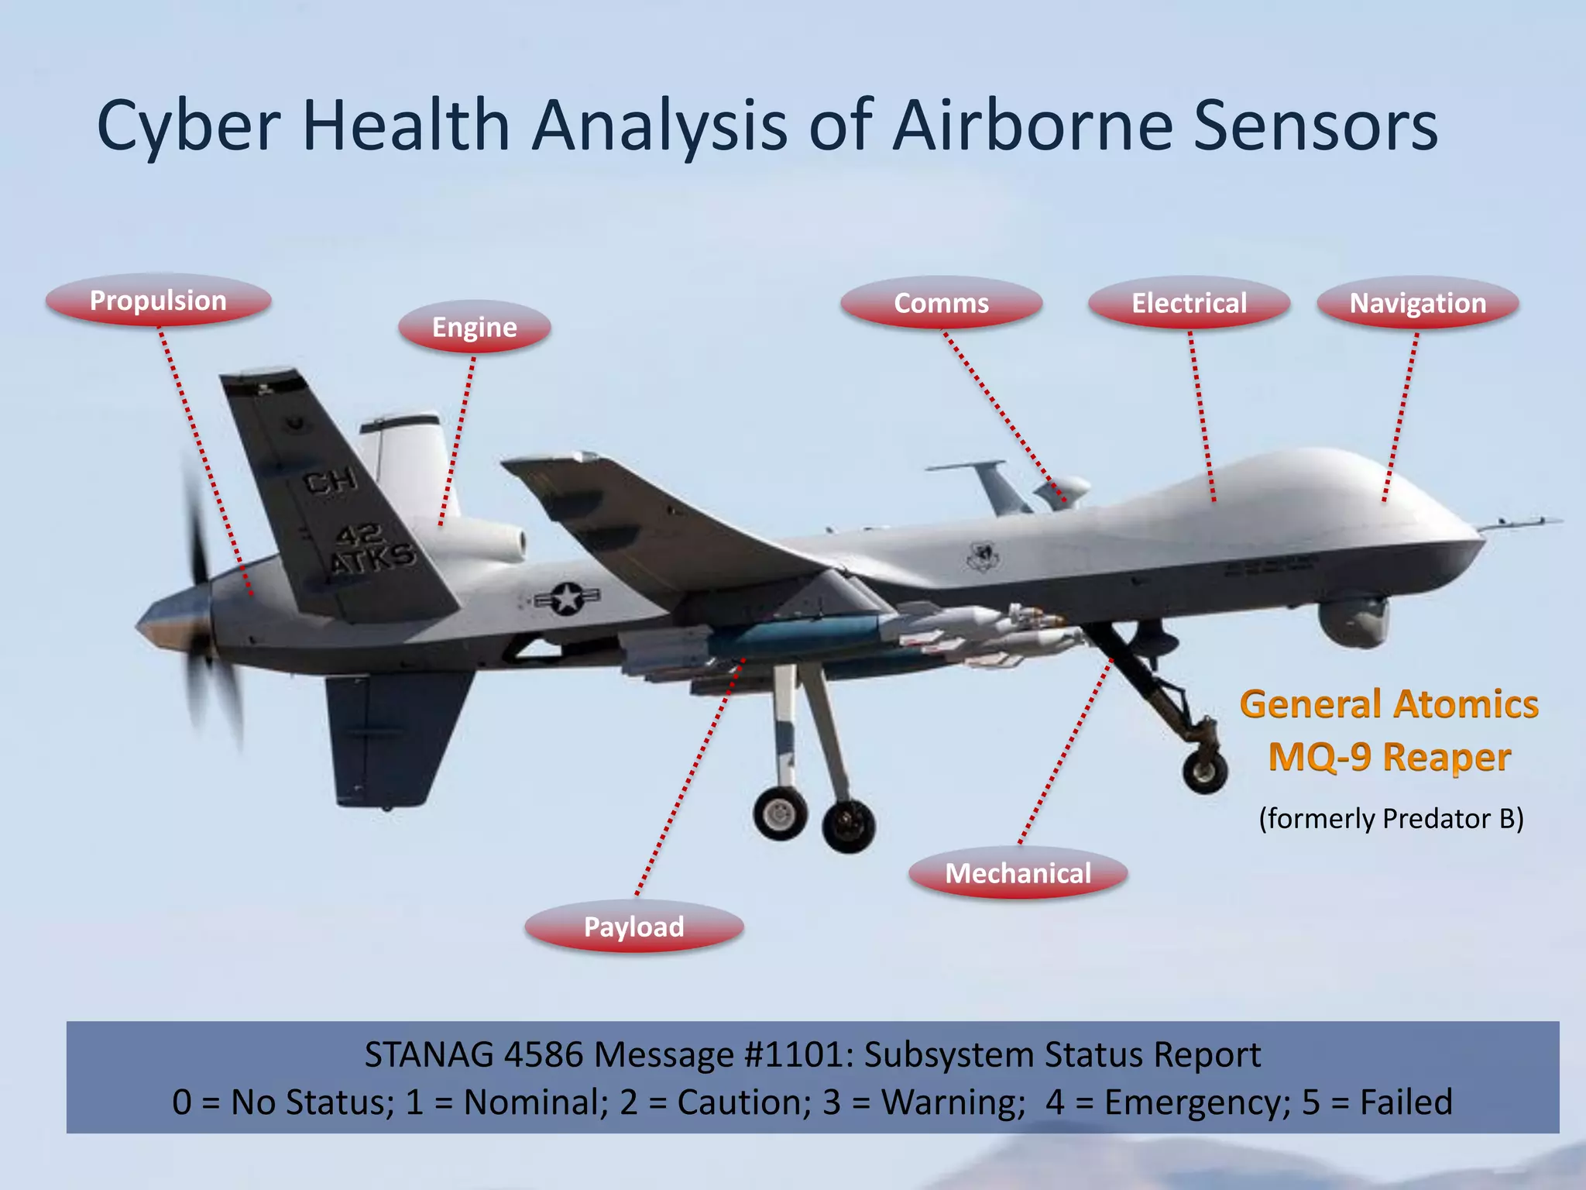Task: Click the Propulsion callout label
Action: (158, 301)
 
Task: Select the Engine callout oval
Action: (474, 328)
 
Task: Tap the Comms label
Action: (941, 303)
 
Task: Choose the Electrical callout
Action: (1189, 303)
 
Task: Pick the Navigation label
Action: (1417, 303)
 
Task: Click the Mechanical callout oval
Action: (1018, 874)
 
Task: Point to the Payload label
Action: (633, 927)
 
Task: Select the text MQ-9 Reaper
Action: (1389, 757)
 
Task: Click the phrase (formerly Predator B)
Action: (1391, 819)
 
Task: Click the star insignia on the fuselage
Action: (567, 599)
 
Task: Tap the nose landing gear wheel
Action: (1204, 771)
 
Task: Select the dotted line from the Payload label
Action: (689, 775)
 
